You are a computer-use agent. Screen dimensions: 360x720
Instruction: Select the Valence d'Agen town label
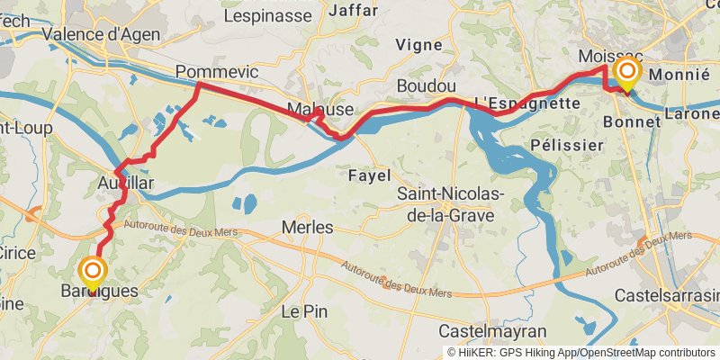point(102,36)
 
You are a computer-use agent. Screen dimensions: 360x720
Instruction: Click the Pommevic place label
point(217,71)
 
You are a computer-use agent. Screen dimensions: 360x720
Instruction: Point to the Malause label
point(319,109)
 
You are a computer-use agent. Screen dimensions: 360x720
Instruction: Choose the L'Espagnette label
point(526,103)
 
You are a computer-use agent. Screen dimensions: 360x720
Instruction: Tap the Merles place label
point(308,228)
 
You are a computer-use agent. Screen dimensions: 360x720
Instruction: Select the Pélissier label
point(567,144)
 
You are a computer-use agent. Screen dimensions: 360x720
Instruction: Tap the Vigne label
point(419,44)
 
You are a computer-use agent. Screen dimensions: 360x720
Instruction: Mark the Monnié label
point(679,75)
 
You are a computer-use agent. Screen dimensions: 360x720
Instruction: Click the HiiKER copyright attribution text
point(580,353)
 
